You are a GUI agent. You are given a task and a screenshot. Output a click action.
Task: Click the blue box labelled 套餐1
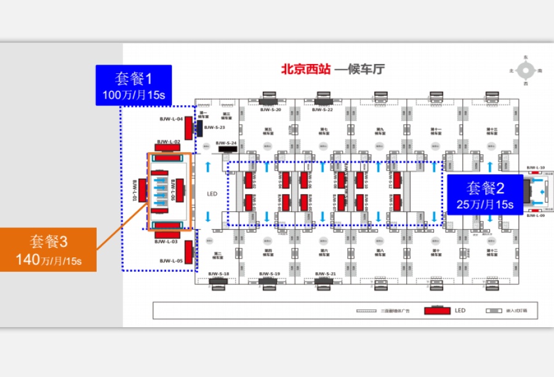[133, 85]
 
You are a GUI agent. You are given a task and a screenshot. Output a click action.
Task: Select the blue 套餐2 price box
[484, 195]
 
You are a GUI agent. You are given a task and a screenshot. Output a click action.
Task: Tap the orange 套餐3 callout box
[48, 249]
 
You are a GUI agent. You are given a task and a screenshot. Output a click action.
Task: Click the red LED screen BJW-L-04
[188, 131]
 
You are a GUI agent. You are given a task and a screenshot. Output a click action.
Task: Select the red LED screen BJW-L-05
[188, 252]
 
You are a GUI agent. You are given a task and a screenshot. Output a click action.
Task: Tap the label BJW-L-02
[168, 142]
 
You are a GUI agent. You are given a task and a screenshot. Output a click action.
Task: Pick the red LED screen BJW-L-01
[142, 189]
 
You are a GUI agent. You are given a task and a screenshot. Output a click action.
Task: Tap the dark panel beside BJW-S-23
[199, 128]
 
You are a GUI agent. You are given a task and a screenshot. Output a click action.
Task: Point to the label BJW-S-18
[218, 273]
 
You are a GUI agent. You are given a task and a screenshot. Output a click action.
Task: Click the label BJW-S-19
[270, 273]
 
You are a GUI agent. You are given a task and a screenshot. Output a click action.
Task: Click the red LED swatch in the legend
[438, 310]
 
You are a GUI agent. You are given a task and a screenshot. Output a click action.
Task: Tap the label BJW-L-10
[536, 167]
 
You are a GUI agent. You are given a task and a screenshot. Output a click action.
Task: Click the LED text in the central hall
[212, 194]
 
